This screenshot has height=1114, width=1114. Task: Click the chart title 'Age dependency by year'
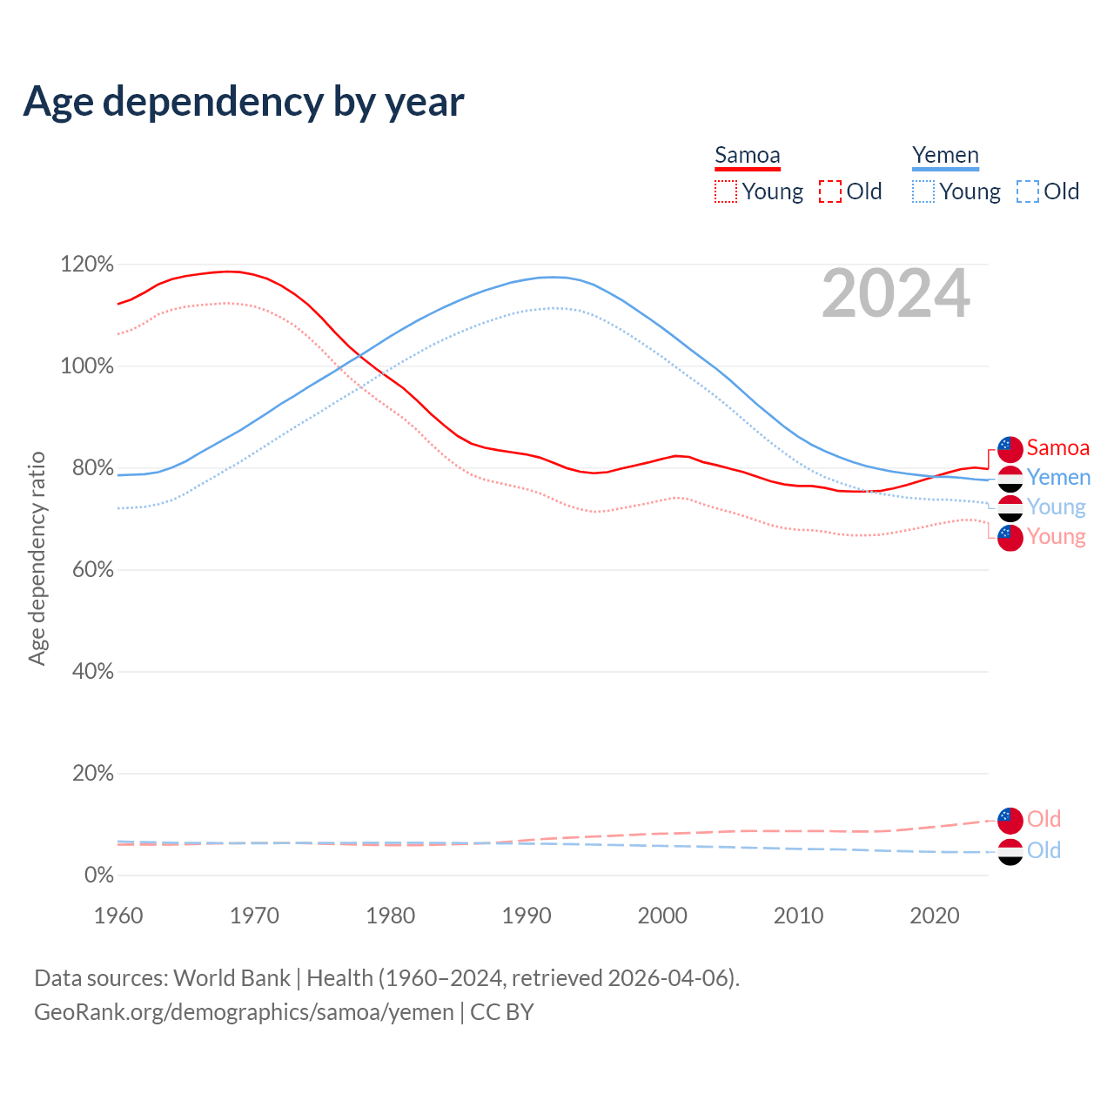[x=244, y=102]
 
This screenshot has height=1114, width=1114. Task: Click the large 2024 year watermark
[x=896, y=294]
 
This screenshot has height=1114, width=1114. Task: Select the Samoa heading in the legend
[x=747, y=156]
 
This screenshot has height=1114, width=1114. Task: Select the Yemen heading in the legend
[x=945, y=156]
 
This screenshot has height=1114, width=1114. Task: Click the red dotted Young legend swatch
[x=726, y=191]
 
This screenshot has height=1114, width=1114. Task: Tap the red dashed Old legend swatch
[x=830, y=191]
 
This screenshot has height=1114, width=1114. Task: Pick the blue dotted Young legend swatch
[x=923, y=191]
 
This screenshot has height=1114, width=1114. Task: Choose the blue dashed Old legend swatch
[x=1028, y=191]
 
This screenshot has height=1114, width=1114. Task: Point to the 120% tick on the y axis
[x=87, y=264]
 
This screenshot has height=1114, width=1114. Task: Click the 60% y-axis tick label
[x=91, y=570]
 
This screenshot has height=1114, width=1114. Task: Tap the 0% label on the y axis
[x=98, y=876]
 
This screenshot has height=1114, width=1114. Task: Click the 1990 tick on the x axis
[x=527, y=916]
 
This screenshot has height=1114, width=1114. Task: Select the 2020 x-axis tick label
[x=935, y=916]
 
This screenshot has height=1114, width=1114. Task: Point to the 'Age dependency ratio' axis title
[x=37, y=558]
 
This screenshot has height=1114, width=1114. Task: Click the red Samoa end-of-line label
[x=1057, y=448]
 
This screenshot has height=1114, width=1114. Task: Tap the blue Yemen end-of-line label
[x=1058, y=478]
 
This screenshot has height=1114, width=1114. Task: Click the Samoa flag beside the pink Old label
[x=1010, y=820]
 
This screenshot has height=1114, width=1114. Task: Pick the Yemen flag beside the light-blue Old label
[x=1010, y=851]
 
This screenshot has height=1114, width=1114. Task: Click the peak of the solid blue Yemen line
[x=554, y=277]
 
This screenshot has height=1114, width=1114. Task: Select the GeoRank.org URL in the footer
[x=244, y=1012]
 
